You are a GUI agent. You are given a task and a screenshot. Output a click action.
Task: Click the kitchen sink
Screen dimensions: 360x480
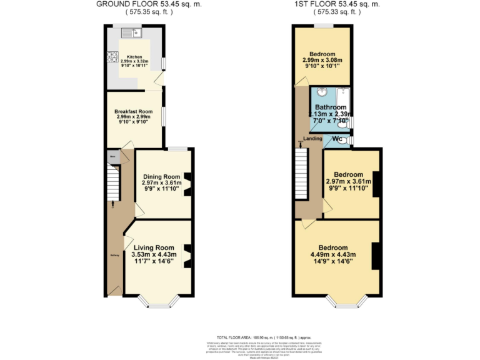click(x=133, y=31)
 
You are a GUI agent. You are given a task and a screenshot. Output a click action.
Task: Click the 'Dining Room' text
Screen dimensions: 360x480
click(x=161, y=176)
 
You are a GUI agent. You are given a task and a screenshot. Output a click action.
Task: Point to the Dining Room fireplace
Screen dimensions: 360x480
click(x=187, y=183)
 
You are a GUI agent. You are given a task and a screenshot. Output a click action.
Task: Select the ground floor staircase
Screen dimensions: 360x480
click(x=112, y=182)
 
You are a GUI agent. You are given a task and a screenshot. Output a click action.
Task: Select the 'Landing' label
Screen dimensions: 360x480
click(x=313, y=138)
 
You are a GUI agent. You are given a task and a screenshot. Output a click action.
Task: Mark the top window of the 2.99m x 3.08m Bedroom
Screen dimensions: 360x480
click(x=322, y=26)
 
